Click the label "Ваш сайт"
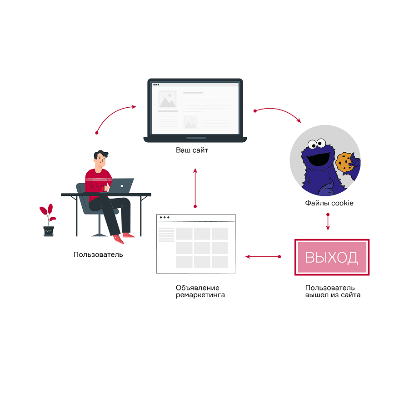pyautogui.click(x=192, y=150)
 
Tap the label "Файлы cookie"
pyautogui.click(x=329, y=203)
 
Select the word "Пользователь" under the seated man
pyautogui.click(x=98, y=254)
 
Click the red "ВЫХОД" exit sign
pyautogui.click(x=332, y=257)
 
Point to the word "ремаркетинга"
pyautogui.click(x=200, y=295)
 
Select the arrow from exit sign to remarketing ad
pyautogui.click(x=263, y=257)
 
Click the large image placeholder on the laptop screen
pyautogui.click(x=167, y=101)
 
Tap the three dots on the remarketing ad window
pyautogui.click(x=164, y=218)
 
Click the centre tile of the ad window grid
pyautogui.click(x=202, y=248)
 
